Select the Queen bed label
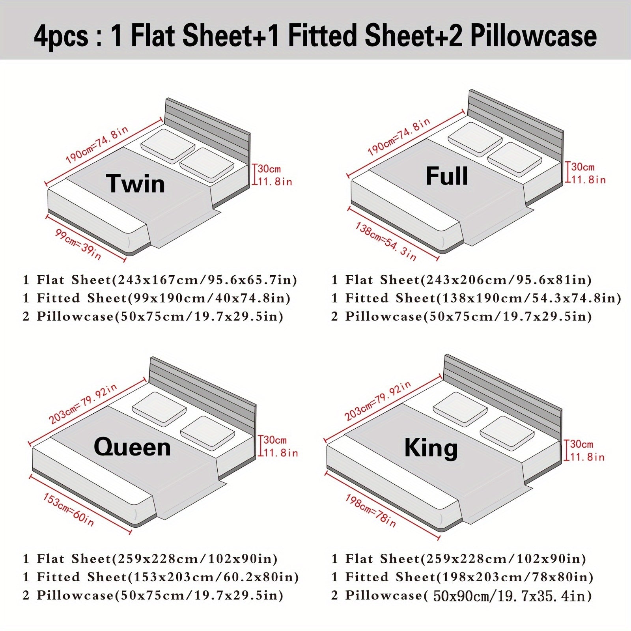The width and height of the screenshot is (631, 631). (x=132, y=447)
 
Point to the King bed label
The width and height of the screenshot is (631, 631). (x=431, y=448)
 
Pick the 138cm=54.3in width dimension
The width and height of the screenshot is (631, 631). (x=386, y=241)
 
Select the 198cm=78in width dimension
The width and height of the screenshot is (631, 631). (x=371, y=511)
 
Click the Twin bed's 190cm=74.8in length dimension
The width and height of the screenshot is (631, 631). (x=97, y=145)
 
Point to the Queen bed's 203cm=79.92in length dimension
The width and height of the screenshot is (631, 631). (x=83, y=403)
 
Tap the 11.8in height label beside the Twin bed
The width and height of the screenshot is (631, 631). (x=275, y=181)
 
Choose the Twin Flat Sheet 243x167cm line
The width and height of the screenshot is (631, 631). (x=160, y=280)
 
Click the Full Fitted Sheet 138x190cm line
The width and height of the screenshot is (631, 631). (x=476, y=298)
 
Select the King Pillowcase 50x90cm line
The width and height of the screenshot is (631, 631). (x=462, y=596)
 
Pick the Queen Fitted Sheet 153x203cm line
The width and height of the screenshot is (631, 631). (x=161, y=577)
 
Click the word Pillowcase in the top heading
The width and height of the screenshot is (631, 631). (x=534, y=35)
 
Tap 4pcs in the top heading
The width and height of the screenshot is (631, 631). (x=61, y=36)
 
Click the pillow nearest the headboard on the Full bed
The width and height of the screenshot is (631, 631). (x=475, y=139)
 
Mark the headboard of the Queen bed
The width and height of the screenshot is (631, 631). (x=203, y=394)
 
